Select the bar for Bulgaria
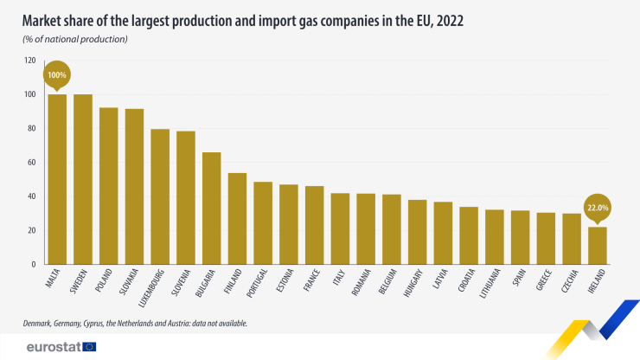pos(212,208)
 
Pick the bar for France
pos(315,225)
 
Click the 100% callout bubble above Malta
pos(57,75)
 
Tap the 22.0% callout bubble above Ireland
pos(598,208)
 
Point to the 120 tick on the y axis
pos(30,61)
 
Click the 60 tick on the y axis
pos(32,162)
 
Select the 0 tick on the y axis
pos(34,264)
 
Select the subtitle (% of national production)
pos(76,40)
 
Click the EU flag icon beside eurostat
pos(90,346)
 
